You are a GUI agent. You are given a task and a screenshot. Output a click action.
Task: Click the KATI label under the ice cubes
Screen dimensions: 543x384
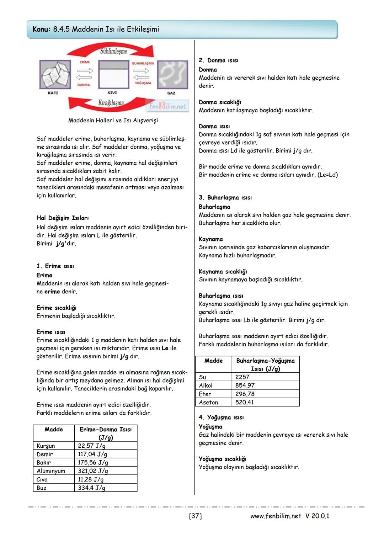pos(53,93)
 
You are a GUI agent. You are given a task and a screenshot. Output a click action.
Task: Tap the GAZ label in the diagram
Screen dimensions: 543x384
pos(171,93)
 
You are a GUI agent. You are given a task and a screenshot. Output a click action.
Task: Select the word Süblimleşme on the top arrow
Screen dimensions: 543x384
pos(113,51)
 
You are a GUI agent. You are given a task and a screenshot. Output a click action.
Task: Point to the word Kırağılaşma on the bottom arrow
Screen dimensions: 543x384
pos(111,103)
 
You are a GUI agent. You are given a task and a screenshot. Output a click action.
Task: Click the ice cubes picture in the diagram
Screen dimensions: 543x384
pos(55,75)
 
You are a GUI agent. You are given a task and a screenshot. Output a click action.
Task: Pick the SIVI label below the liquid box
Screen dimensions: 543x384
pos(112,93)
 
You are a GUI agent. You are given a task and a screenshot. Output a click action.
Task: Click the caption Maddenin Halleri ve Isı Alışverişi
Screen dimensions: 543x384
pos(113,121)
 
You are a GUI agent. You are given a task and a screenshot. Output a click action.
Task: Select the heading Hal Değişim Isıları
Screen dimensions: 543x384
pos(63,218)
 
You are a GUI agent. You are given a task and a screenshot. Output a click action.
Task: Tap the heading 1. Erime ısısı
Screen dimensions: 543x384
pos(55,266)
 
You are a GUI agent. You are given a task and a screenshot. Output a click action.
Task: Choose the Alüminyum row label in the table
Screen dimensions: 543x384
pos(51,471)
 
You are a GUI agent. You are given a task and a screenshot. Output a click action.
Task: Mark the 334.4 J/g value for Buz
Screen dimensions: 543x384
pos(92,488)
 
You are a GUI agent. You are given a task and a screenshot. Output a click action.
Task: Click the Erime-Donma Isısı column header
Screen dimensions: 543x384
pos(106,433)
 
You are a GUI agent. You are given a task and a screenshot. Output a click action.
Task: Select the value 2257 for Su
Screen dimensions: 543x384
pos(242,377)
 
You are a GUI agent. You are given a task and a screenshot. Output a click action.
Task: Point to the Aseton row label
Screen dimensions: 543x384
pos(209,403)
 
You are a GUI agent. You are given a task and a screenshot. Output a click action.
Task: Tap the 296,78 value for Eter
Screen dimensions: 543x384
pos(245,394)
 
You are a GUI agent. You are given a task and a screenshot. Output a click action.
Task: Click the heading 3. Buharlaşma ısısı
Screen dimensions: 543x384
pos(225,198)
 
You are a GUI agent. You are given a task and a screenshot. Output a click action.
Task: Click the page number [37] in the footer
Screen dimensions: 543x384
pos(195,516)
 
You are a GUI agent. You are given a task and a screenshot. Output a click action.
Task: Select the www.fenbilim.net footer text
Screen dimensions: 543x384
pos(276,516)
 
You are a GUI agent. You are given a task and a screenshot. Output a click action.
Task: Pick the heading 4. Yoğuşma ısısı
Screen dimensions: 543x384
pos(221,417)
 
